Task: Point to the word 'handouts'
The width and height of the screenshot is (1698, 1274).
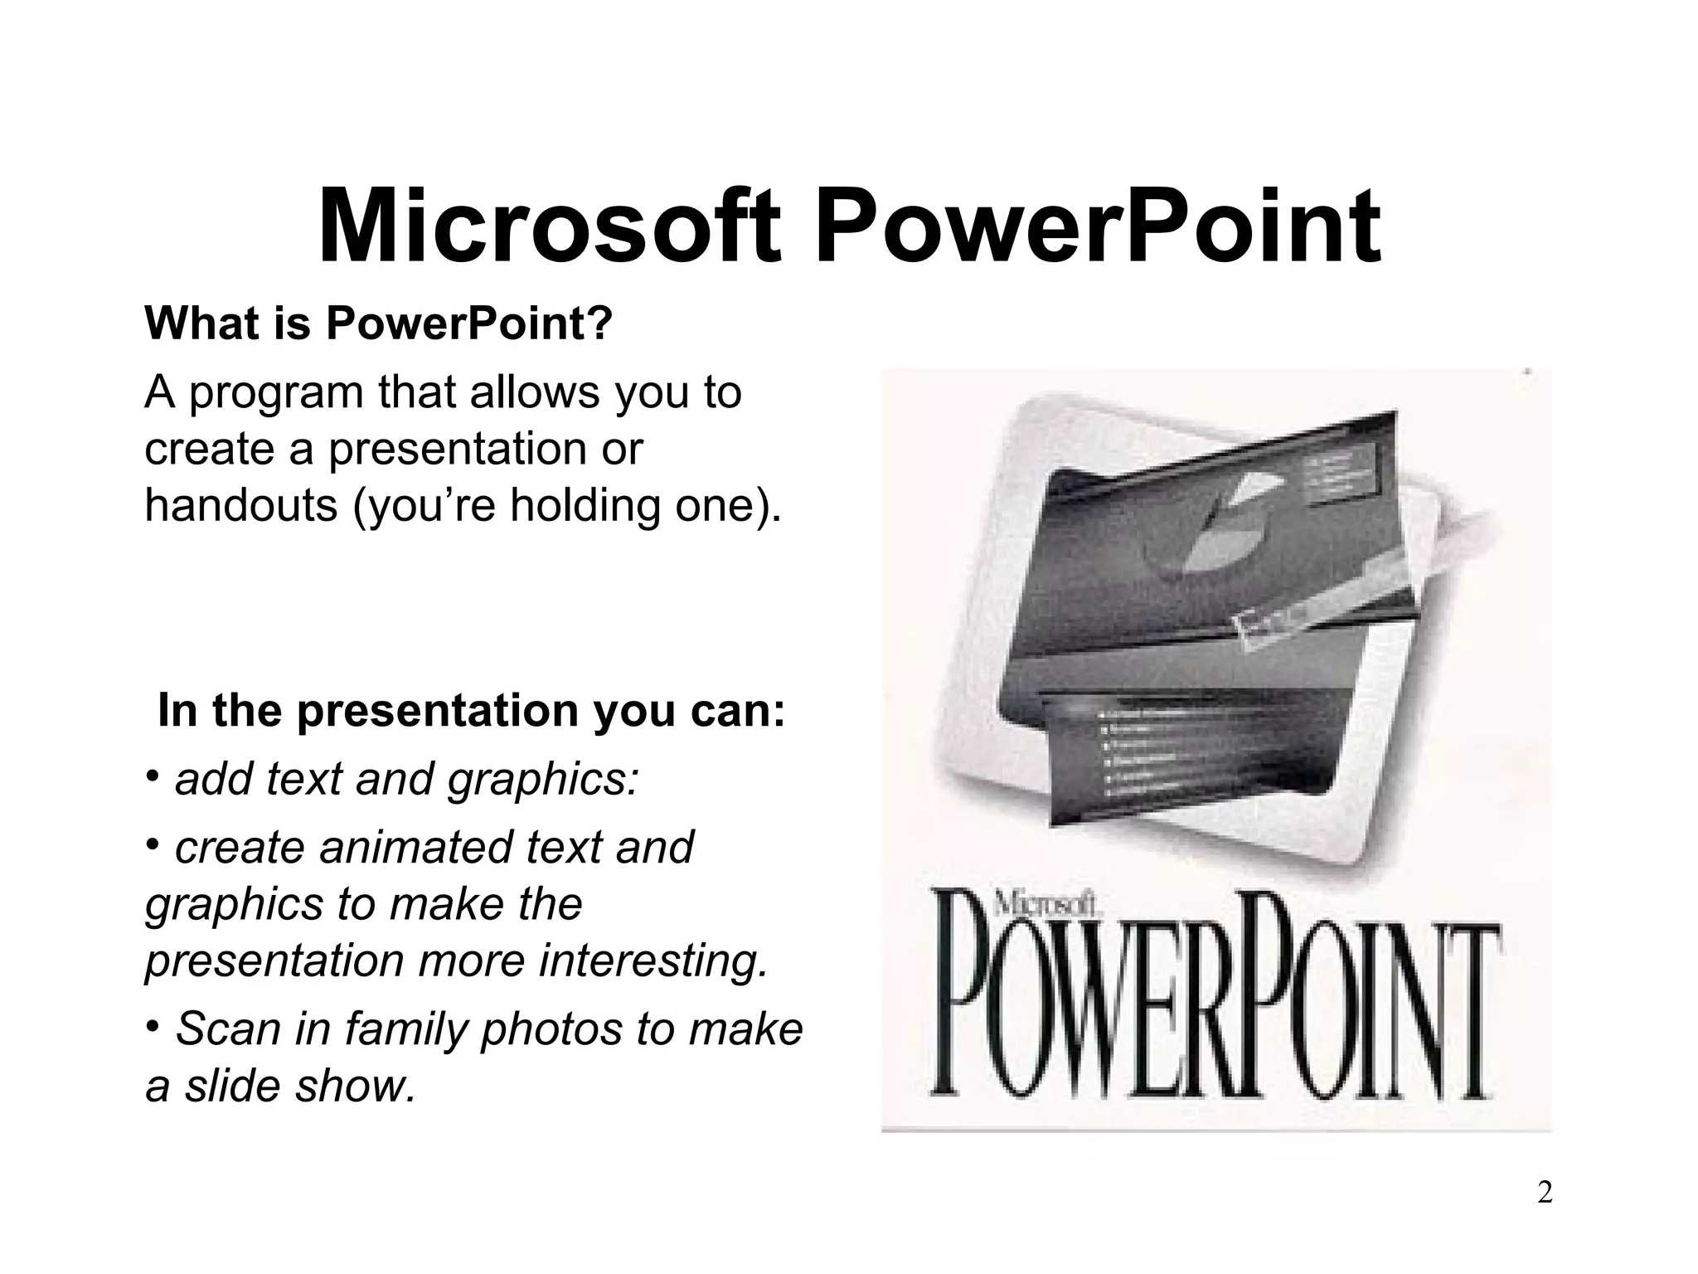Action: tap(241, 504)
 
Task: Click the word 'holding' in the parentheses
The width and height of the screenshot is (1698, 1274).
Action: tap(588, 504)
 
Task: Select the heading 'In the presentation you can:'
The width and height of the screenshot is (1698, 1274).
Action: tap(471, 710)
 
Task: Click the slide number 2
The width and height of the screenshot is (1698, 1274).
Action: tap(1545, 1194)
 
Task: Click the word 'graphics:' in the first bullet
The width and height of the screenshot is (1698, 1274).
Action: tap(544, 781)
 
